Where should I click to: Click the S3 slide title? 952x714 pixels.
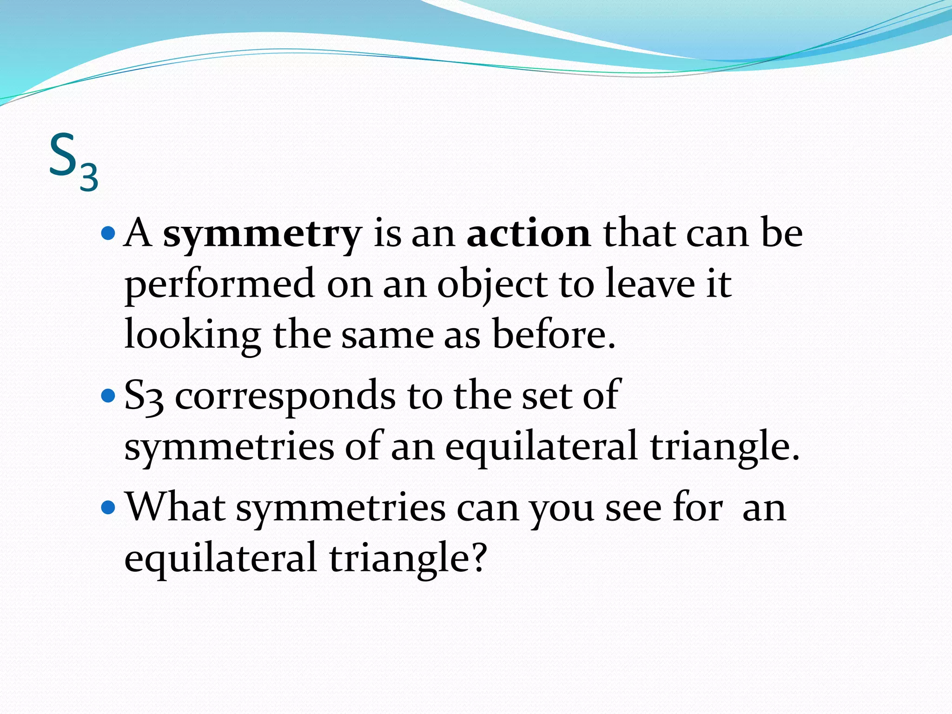pos(73,161)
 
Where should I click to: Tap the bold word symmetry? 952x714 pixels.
pos(262,234)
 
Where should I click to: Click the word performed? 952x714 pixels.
pos(219,284)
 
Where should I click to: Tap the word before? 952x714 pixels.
pos(553,334)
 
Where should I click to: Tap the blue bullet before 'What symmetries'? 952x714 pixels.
pos(108,507)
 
